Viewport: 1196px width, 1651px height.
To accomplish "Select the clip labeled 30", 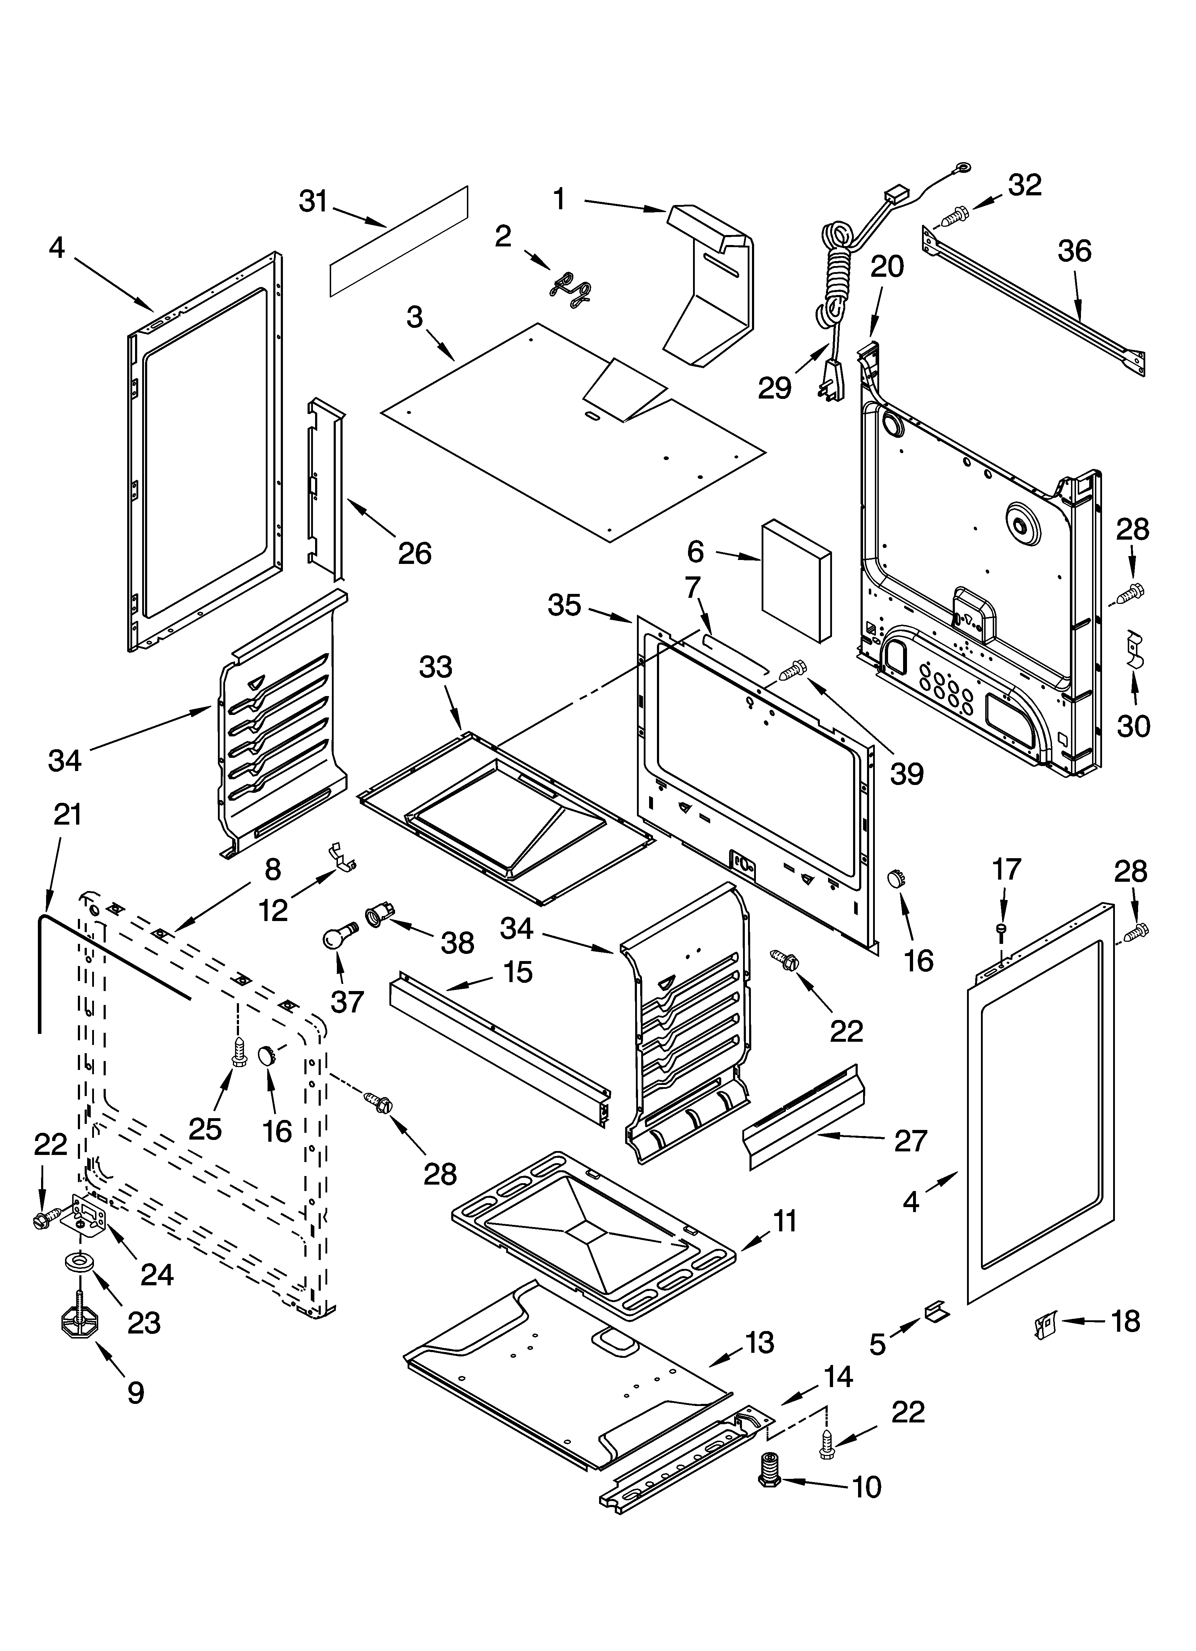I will (1134, 648).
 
